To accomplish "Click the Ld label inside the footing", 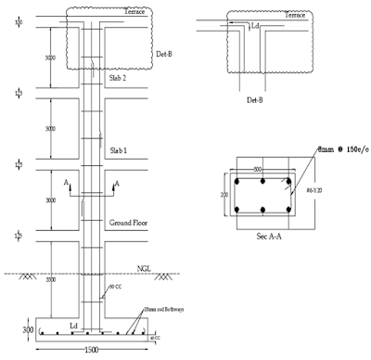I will point(72,325).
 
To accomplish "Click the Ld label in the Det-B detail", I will point(255,27).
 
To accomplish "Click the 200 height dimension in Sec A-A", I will point(224,196).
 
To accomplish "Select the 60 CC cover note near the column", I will point(116,289).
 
